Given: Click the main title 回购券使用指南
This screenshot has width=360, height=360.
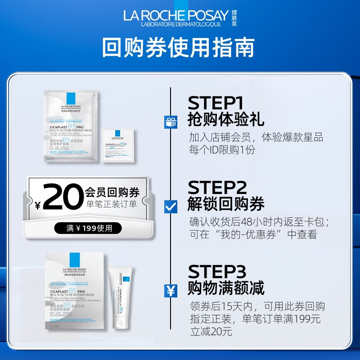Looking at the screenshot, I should click(x=179, y=47).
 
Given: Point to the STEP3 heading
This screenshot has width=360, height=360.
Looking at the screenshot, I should click(x=217, y=272).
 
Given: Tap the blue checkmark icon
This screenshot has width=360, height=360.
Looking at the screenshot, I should click(x=171, y=206).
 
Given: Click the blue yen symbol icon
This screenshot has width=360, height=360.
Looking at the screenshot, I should click(x=171, y=291).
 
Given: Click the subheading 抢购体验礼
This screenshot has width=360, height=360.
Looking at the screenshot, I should click(x=226, y=120).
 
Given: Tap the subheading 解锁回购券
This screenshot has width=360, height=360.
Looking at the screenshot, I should click(x=226, y=204).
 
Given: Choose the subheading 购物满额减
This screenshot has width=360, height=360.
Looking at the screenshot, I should click(x=226, y=289).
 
